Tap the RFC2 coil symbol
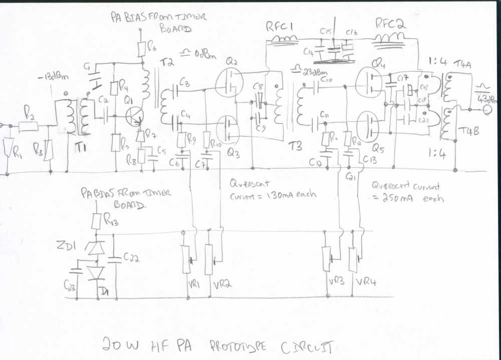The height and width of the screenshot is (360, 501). pyautogui.click(x=390, y=38)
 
